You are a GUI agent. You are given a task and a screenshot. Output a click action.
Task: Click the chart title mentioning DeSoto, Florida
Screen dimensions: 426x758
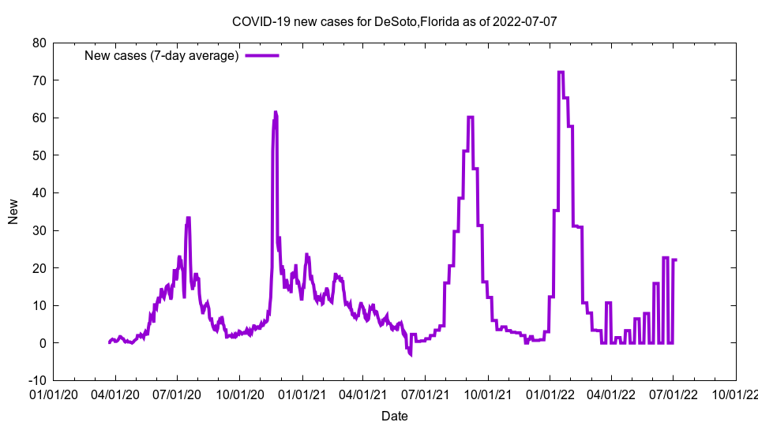click(394, 21)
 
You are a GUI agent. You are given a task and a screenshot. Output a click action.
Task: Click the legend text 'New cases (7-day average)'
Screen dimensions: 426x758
click(162, 55)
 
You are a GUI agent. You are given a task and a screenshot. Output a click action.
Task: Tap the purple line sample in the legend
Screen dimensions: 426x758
click(262, 55)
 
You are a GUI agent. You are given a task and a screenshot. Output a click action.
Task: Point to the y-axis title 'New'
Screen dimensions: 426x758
click(13, 211)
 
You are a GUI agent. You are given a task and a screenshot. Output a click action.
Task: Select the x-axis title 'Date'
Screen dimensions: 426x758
click(394, 416)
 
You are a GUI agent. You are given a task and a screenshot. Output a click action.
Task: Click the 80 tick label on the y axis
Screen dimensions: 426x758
click(39, 43)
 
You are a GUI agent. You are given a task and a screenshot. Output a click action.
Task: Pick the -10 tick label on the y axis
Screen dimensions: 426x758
click(36, 380)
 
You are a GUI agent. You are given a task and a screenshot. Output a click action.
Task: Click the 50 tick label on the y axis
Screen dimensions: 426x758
click(39, 155)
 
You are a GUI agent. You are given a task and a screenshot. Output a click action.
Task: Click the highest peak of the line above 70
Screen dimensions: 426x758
click(561, 72)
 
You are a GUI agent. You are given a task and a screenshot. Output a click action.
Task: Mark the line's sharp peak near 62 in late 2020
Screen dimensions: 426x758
click(275, 112)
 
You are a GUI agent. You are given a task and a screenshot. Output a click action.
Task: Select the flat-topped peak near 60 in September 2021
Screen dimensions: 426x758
click(470, 117)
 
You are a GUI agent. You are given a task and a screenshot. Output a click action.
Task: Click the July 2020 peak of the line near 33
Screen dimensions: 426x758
click(188, 218)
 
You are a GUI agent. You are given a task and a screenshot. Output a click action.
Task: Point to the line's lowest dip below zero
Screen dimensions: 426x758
click(411, 354)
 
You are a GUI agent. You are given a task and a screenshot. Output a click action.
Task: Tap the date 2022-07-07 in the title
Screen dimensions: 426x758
click(525, 21)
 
